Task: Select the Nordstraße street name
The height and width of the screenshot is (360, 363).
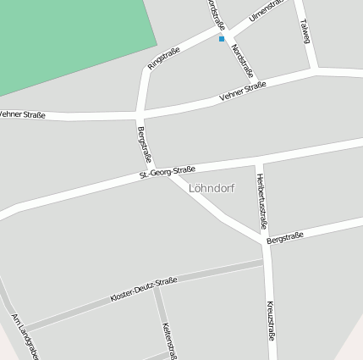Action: point(242,61)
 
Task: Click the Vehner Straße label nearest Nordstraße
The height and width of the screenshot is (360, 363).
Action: point(242,91)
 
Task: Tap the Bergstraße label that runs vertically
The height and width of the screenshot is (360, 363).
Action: point(144,144)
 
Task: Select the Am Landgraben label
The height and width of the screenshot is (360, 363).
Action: point(25,336)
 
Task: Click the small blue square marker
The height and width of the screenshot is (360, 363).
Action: point(222,39)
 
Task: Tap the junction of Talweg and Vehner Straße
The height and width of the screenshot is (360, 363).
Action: point(316,71)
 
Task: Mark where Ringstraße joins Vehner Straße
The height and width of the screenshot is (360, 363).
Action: point(140,112)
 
